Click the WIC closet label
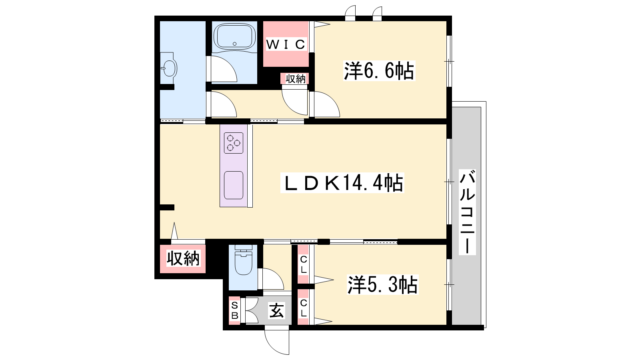pyautogui.click(x=286, y=44)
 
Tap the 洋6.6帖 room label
pyautogui.click(x=379, y=71)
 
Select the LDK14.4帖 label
pyautogui.click(x=342, y=183)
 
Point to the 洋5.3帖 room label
pyautogui.click(x=382, y=284)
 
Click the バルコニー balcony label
pyautogui.click(x=467, y=212)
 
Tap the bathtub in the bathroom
pyautogui.click(x=234, y=36)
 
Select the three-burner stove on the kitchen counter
pyautogui.click(x=234, y=143)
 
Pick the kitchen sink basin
pyautogui.click(x=234, y=185)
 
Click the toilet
pyautogui.click(x=243, y=260)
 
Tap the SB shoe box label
pyautogui.click(x=234, y=310)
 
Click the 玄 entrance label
pyautogui.click(x=277, y=310)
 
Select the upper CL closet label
pyautogui.click(x=304, y=264)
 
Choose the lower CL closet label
pyautogui.click(x=304, y=308)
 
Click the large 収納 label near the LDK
pyautogui.click(x=183, y=258)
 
